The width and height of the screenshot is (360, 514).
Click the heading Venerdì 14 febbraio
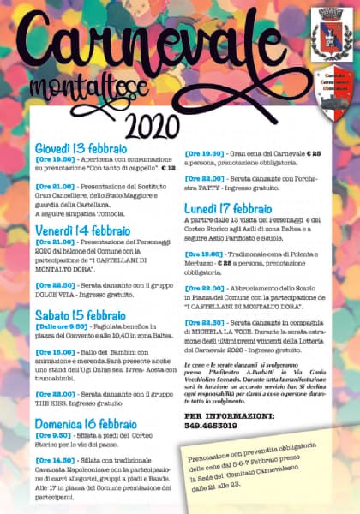(x=82, y=230)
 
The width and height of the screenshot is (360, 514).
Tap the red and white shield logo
(x=329, y=94)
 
